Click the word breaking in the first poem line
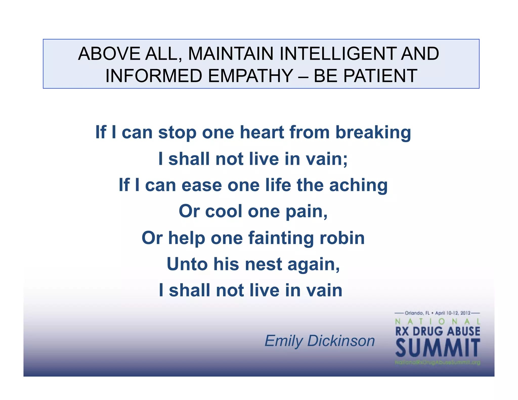coord(373,133)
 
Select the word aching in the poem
coord(358,185)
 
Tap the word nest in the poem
coord(263,264)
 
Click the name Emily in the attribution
coord(283,341)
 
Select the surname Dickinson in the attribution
coord(341,341)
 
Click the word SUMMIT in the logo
coord(438,348)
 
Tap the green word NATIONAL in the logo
coord(438,322)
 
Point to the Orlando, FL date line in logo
coord(438,313)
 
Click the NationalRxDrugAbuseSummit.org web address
coord(438,363)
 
